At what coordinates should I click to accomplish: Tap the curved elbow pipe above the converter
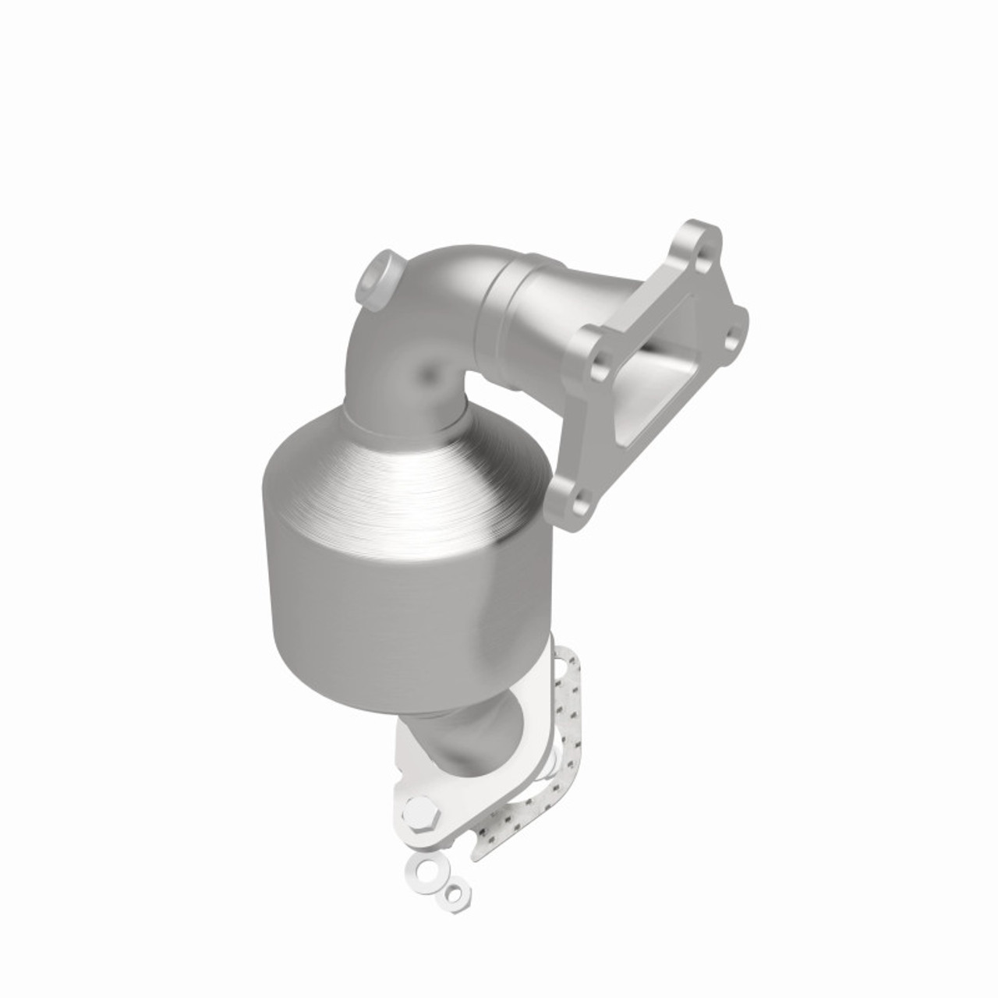[x=437, y=335]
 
